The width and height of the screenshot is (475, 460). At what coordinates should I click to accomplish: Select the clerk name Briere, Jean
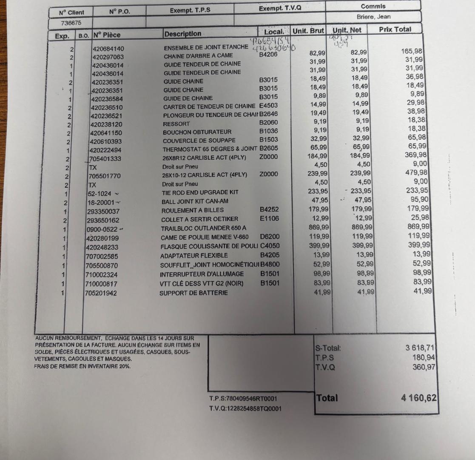(x=373, y=17)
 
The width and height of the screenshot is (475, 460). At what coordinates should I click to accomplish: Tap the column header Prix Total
(x=395, y=30)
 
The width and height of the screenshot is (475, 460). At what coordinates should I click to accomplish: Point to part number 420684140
(x=108, y=49)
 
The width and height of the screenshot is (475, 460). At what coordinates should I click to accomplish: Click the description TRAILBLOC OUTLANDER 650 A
(x=204, y=228)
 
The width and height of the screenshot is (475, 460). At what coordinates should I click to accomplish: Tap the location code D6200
(x=270, y=236)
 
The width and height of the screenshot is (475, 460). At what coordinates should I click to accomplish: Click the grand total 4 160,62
(x=418, y=398)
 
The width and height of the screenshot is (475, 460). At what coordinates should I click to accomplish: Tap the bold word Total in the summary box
(x=327, y=398)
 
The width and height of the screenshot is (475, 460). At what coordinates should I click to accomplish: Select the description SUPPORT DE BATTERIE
(x=193, y=293)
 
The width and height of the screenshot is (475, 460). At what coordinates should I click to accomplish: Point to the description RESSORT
(x=175, y=124)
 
